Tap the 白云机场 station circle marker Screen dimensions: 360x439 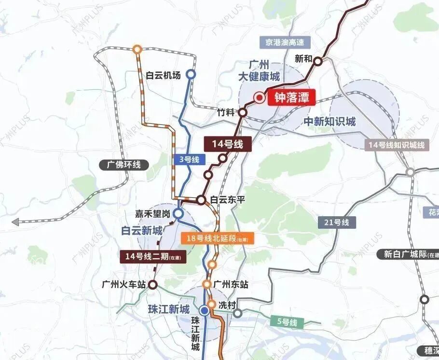tap(191, 74)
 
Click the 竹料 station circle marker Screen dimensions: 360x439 tap(243, 112)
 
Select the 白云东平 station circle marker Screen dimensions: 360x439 tap(201, 199)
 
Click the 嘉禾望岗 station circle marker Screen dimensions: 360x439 tap(178, 213)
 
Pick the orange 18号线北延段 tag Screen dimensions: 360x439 tap(217, 238)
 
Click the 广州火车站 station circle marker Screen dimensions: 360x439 tap(153, 284)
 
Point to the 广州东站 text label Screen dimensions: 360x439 tap(231, 285)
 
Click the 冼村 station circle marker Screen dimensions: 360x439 tap(211, 305)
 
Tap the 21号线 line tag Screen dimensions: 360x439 tap(337, 222)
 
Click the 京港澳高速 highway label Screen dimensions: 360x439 tap(285, 42)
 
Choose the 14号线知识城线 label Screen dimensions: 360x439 tap(397, 145)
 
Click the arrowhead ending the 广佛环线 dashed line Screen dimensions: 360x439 tap(15, 222)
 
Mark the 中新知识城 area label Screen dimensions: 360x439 tap(329, 122)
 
